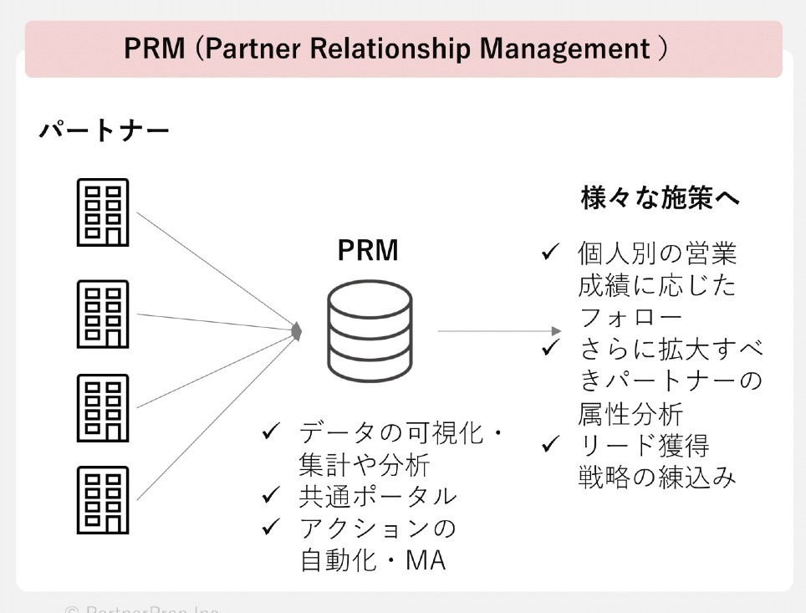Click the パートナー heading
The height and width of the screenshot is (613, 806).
(104, 130)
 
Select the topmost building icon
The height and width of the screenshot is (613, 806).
(103, 212)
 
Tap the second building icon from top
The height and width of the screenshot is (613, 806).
(103, 314)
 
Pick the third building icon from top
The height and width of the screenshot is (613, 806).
(103, 407)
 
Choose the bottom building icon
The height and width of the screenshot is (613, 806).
(103, 499)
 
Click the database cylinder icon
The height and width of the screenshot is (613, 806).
(370, 330)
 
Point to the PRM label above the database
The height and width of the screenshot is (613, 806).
(368, 250)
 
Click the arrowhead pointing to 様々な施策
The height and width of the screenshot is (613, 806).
(556, 331)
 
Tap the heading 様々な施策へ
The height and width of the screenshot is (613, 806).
(661, 198)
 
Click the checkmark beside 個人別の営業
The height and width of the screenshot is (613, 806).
(549, 252)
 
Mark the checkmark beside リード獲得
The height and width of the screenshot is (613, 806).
(549, 443)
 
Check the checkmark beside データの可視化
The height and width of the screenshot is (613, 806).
(270, 432)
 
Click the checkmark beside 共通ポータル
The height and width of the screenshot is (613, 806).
(270, 495)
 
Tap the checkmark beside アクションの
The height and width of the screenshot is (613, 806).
(270, 527)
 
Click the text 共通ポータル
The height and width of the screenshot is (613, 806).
(378, 496)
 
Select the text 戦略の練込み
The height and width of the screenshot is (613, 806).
(657, 477)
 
